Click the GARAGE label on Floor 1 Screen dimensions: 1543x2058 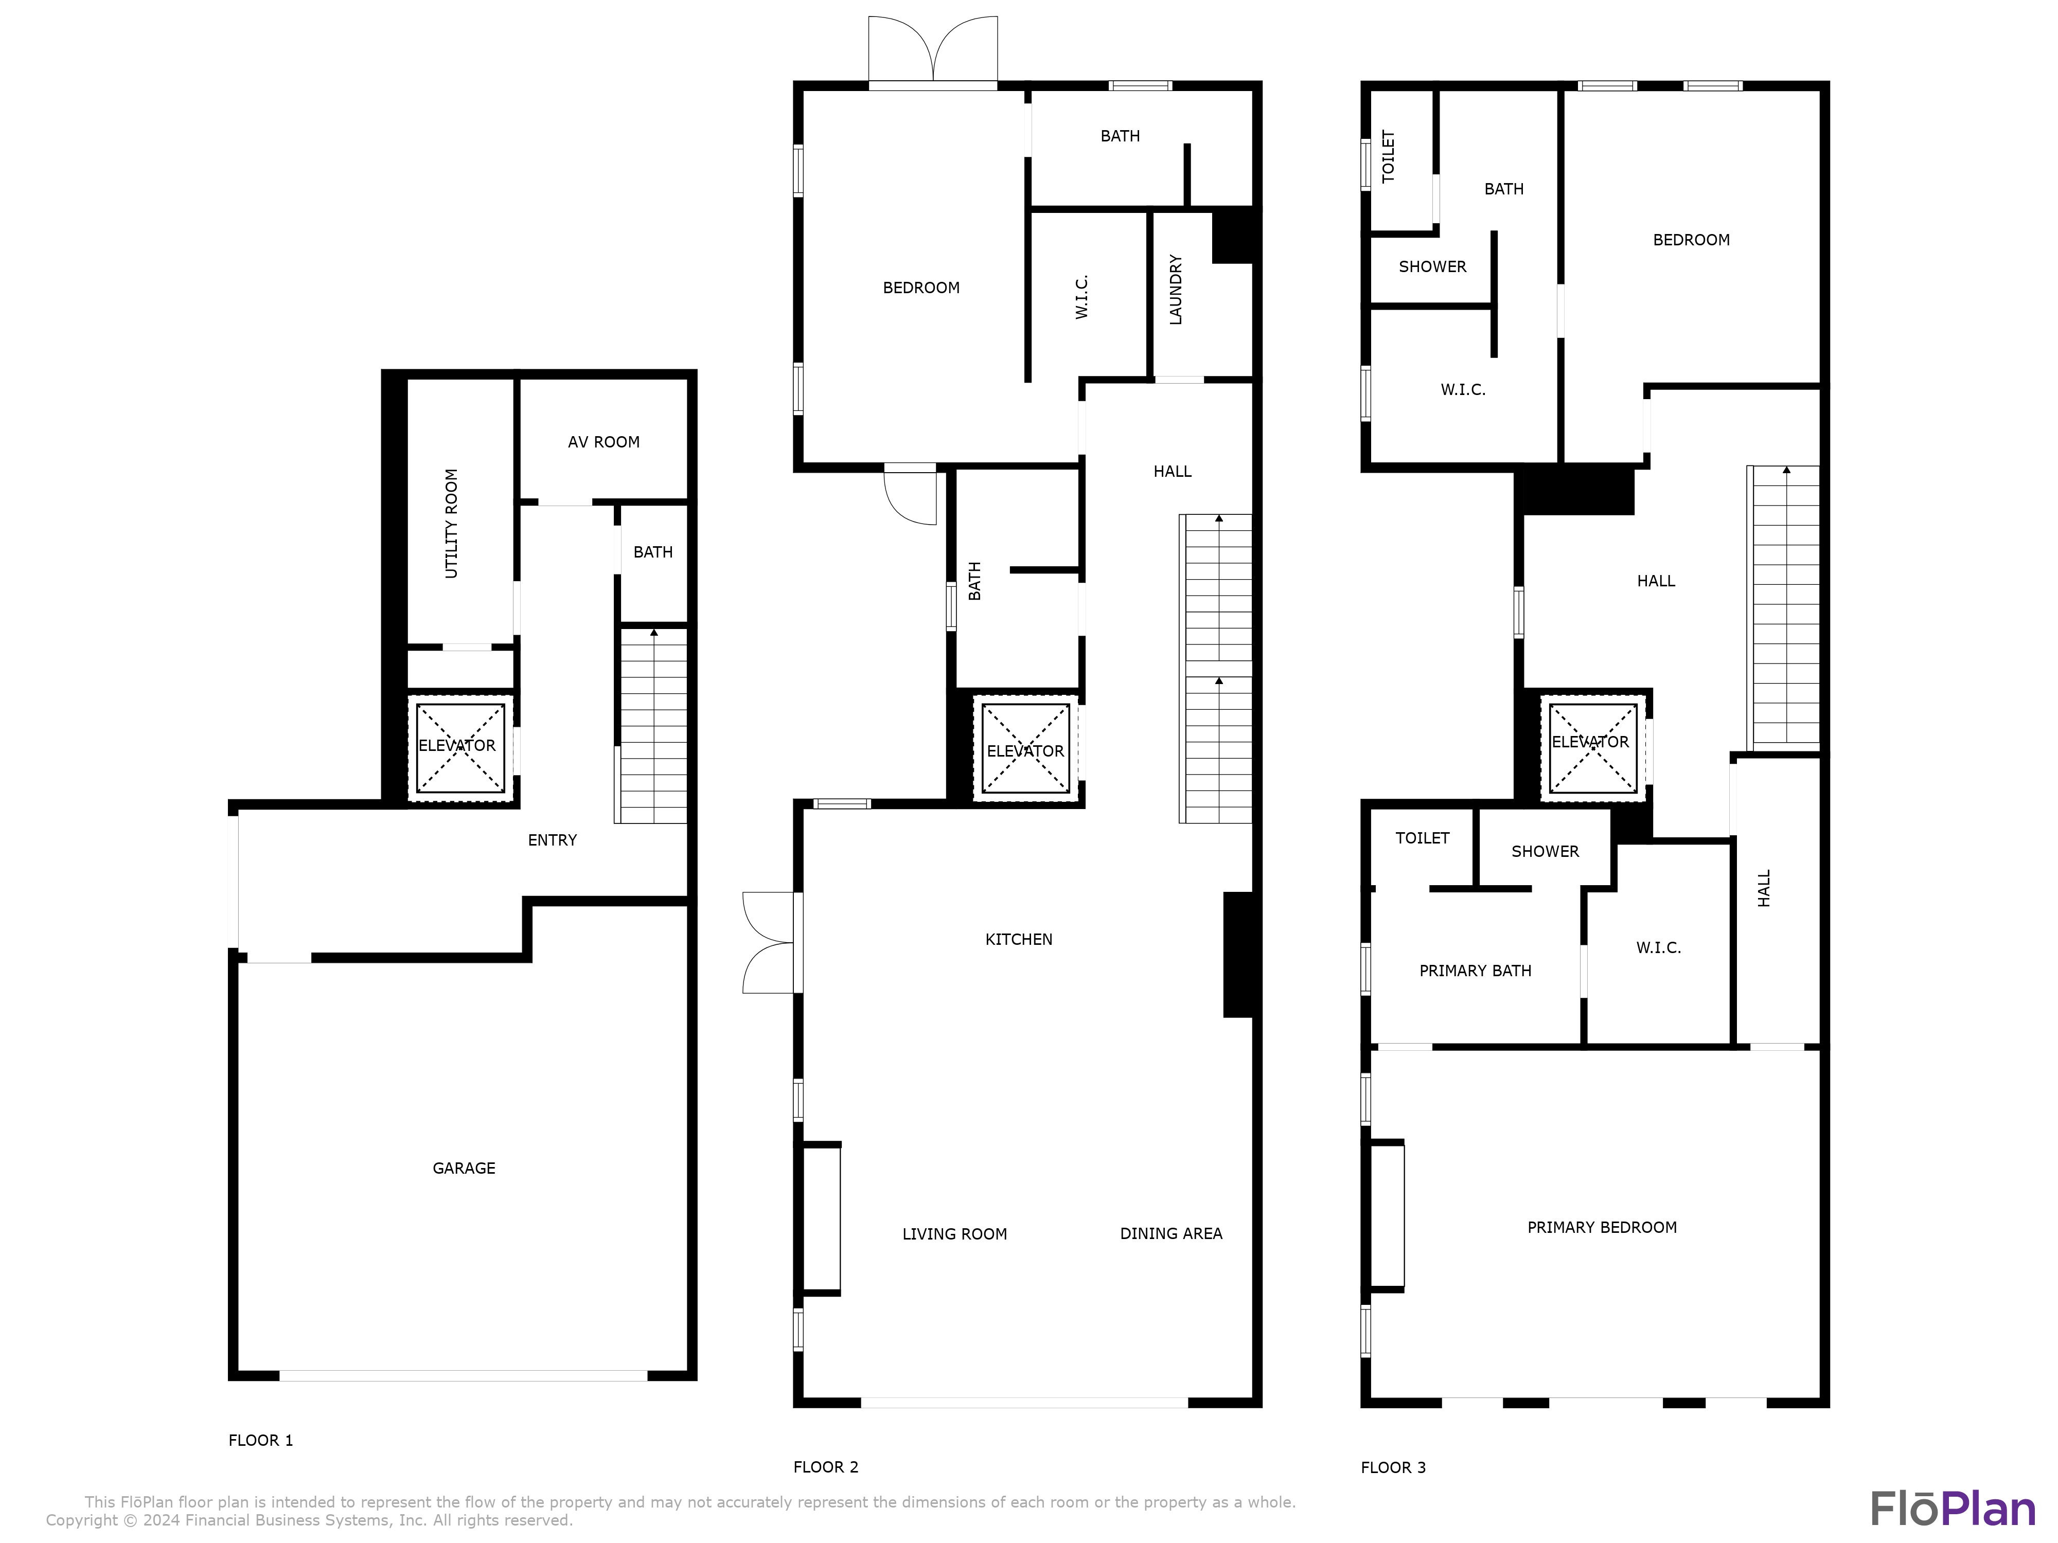(464, 1168)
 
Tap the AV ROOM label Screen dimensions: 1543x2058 (604, 442)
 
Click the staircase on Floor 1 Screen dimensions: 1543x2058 (653, 725)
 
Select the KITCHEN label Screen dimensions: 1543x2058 (1019, 939)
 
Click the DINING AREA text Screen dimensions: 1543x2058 (1170, 1233)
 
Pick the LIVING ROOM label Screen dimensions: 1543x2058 (954, 1234)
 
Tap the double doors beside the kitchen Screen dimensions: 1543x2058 (769, 942)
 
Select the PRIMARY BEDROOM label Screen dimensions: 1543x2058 (1601, 1228)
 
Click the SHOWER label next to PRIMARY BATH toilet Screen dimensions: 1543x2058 (1545, 851)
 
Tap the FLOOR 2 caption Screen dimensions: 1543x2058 (825, 1467)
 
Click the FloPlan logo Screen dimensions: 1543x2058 (1952, 1509)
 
